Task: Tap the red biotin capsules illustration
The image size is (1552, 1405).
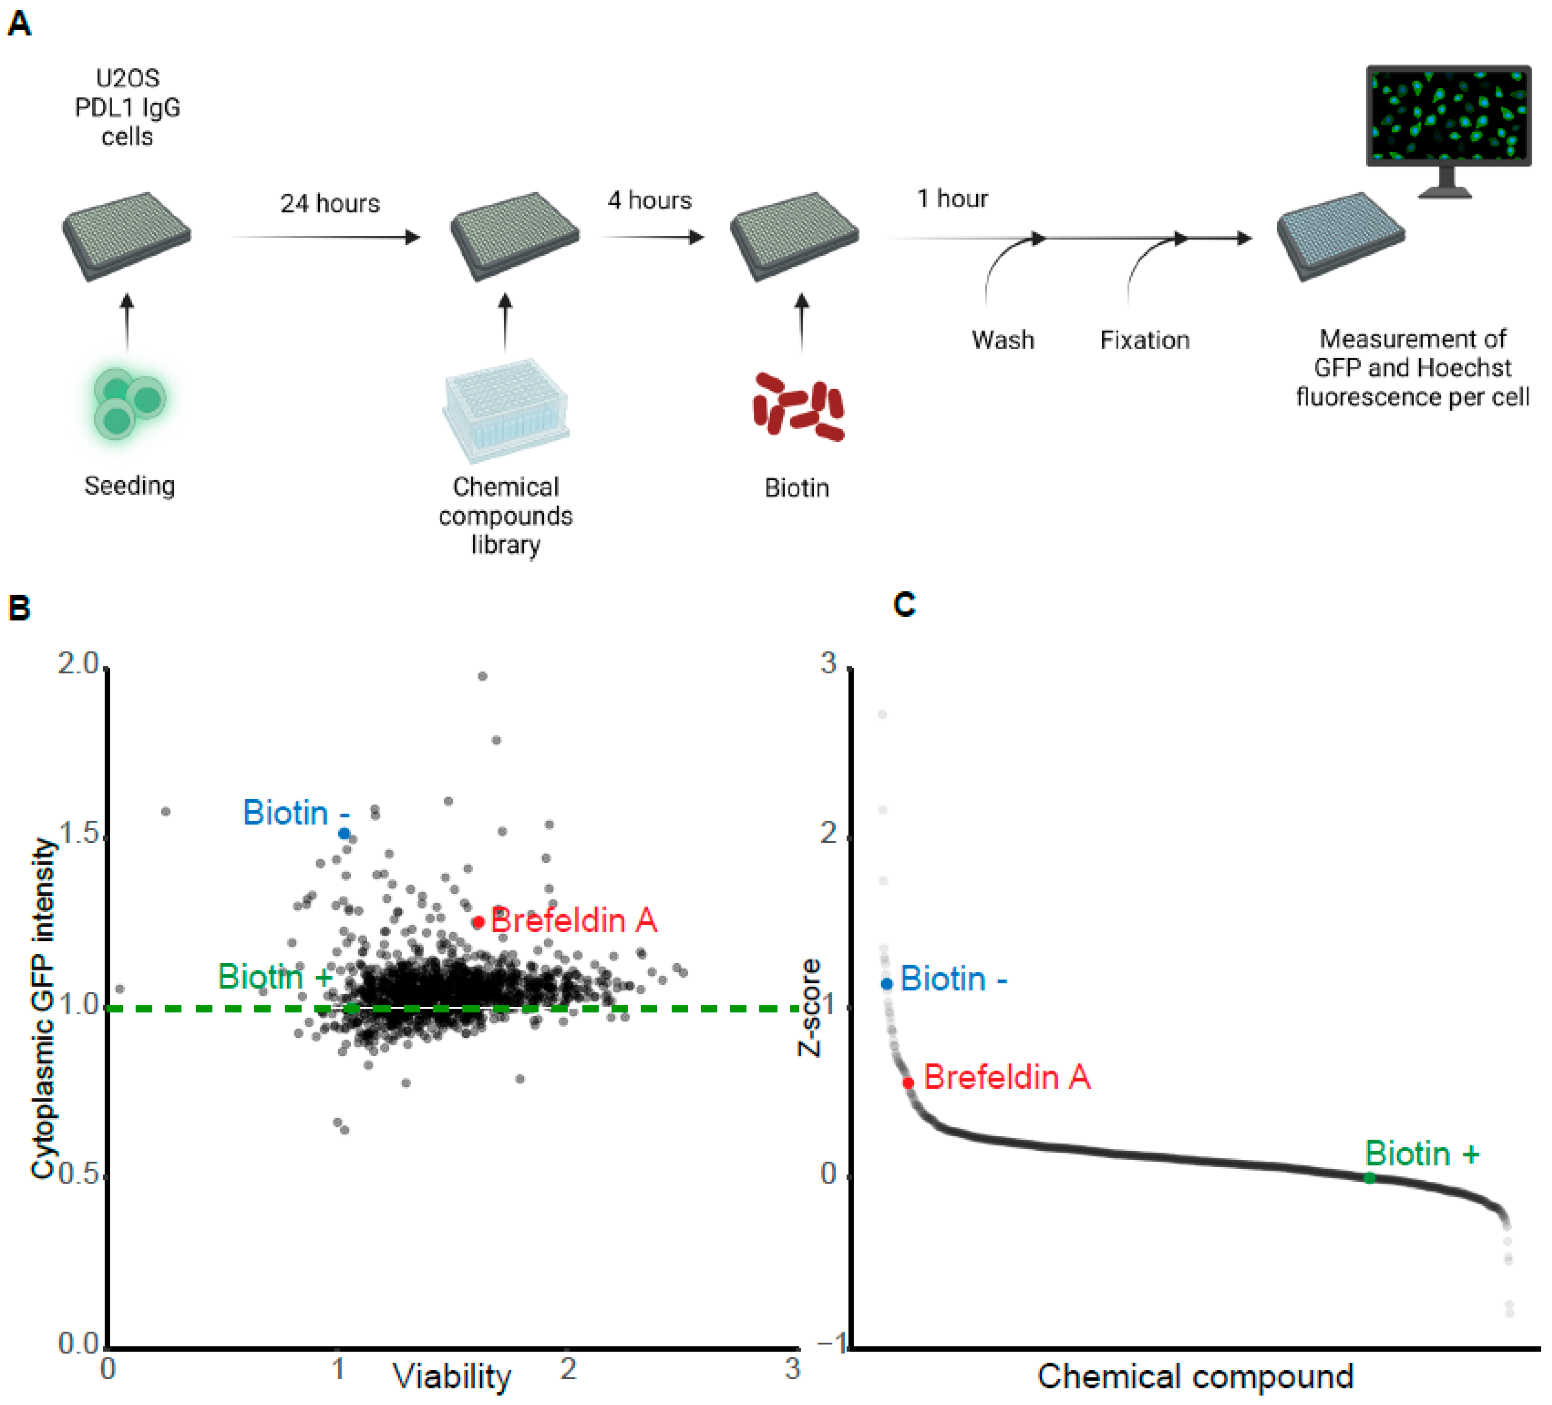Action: [798, 407]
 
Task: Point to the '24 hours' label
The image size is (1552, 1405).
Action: [330, 203]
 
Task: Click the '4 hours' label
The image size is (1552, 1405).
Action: [649, 200]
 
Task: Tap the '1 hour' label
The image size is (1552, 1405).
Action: [952, 199]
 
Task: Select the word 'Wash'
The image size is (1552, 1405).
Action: [1002, 340]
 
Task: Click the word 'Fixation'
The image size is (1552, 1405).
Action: [1144, 340]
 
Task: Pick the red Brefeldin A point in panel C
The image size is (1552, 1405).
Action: [908, 1082]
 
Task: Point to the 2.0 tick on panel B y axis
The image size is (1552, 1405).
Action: [79, 664]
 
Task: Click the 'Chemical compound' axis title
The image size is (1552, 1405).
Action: [1195, 1376]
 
